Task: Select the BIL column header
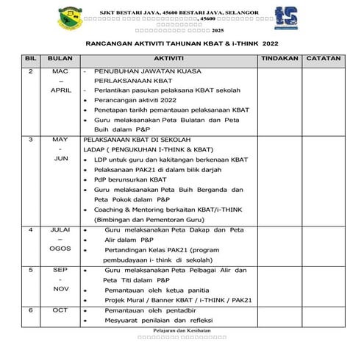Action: [x=31, y=57]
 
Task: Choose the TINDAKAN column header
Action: [x=279, y=57]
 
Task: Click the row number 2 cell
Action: [x=31, y=71]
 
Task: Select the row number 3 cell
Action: [x=31, y=138]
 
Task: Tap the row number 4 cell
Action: [x=31, y=230]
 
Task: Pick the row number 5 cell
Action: [x=31, y=270]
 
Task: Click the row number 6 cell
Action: [x=31, y=310]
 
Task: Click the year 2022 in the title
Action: [x=281, y=44]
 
